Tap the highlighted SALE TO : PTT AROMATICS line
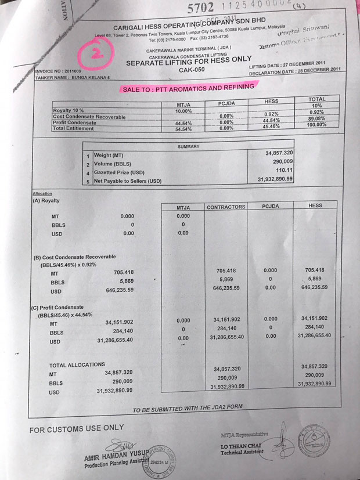pos(188,88)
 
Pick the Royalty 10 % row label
pos(69,110)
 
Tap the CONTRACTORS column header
pos(226,207)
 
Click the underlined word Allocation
pos(42,193)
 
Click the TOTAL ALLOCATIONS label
pos(77,364)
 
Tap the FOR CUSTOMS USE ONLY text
pos(77,429)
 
